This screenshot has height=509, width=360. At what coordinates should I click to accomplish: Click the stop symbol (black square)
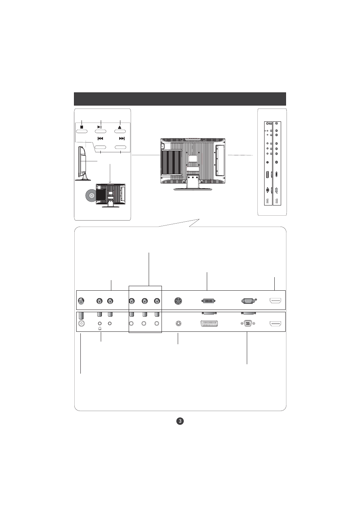[82, 127]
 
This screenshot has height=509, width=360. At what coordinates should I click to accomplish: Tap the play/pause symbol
[100, 127]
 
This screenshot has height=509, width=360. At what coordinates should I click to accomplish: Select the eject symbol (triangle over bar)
[120, 127]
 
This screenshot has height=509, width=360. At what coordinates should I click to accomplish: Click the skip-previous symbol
[100, 138]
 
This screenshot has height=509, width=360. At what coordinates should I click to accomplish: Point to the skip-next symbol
[122, 138]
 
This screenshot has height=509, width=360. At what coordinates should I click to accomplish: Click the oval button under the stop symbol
[82, 131]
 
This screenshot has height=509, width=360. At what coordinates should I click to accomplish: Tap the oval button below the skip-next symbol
[120, 147]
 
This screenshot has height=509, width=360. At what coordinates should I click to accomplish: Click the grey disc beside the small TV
[90, 195]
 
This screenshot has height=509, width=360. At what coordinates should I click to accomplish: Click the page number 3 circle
[180, 421]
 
